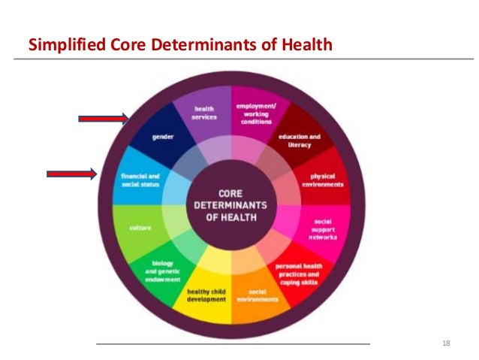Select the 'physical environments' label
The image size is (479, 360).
pyautogui.click(x=323, y=180)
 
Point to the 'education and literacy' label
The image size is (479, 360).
pyautogui.click(x=299, y=140)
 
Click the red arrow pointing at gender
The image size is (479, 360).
pyautogui.click(x=104, y=117)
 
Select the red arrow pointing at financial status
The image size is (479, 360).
pyautogui.click(x=72, y=174)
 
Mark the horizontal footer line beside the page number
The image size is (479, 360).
pyautogui.click(x=233, y=344)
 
